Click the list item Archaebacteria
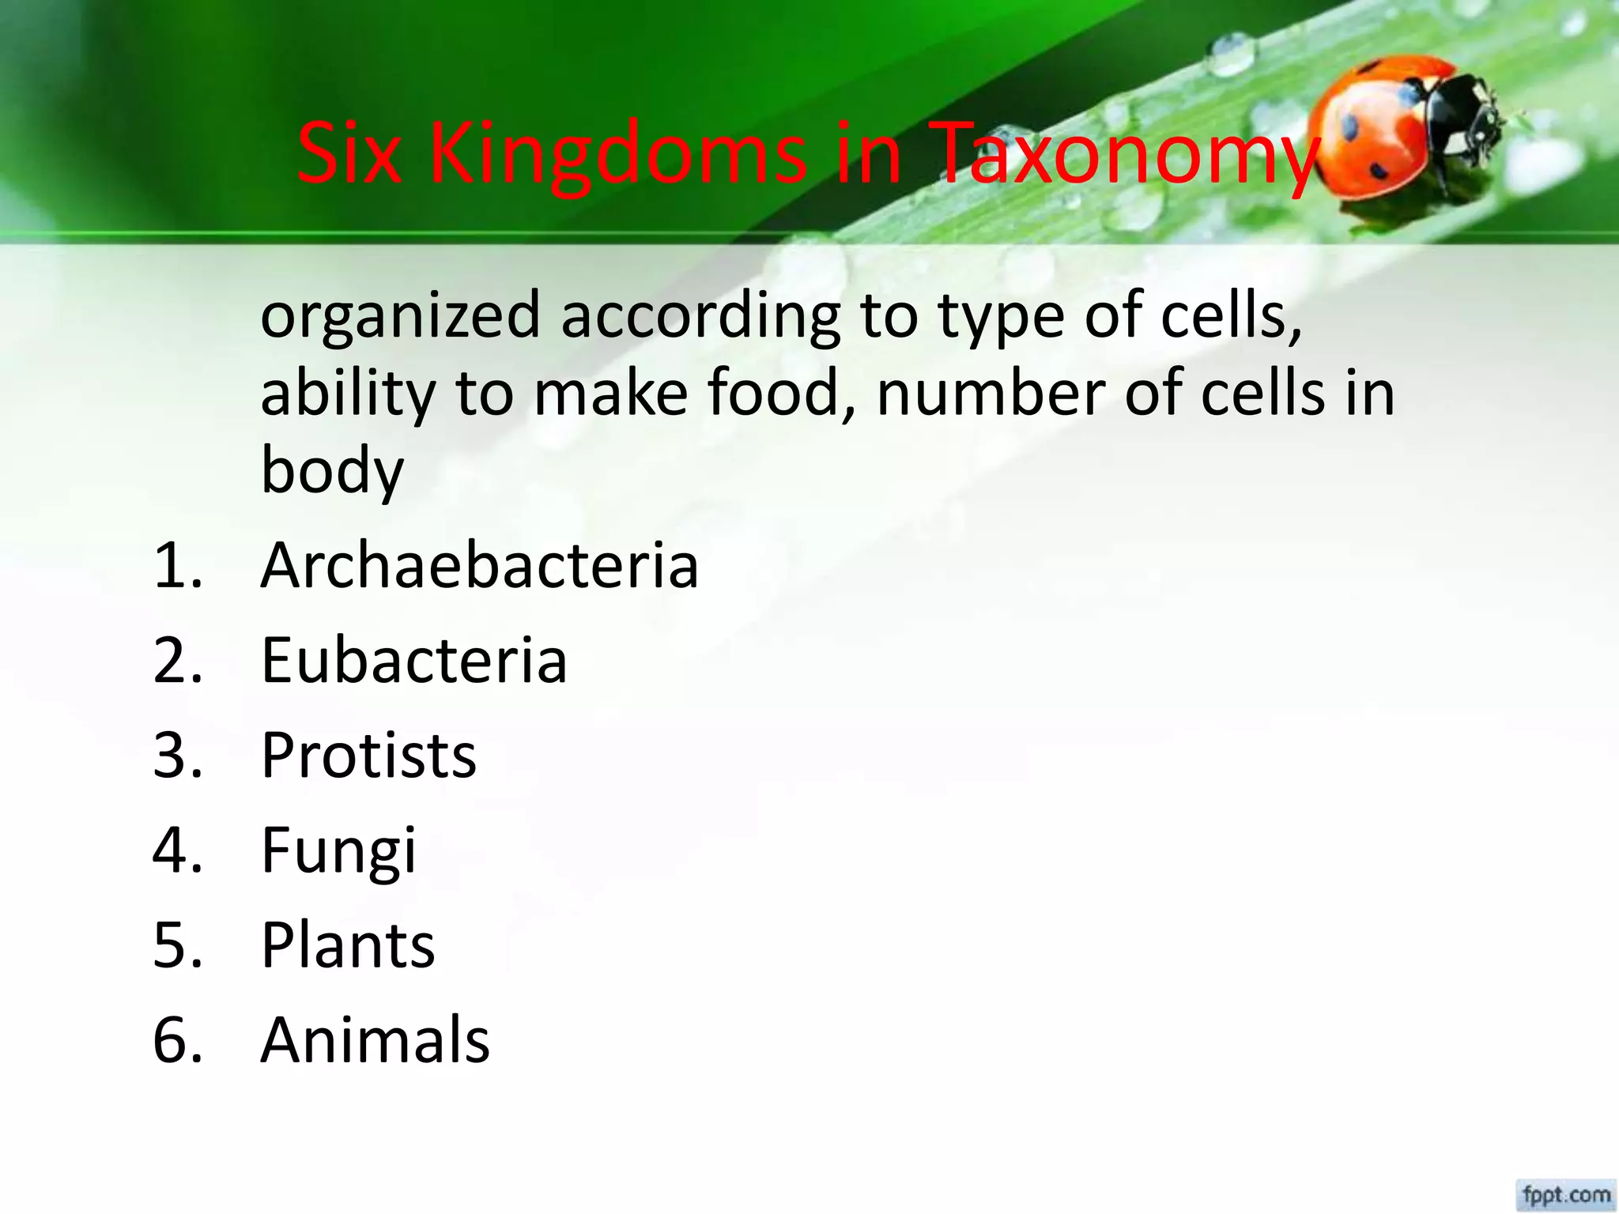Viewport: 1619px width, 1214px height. (x=479, y=566)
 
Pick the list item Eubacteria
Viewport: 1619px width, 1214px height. (x=413, y=661)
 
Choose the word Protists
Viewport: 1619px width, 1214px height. (x=368, y=756)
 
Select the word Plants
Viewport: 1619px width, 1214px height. (x=348, y=945)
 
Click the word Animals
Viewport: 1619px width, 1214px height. (x=375, y=1040)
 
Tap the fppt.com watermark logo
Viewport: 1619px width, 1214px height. (x=1566, y=1193)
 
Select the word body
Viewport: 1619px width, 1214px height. (x=332, y=471)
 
